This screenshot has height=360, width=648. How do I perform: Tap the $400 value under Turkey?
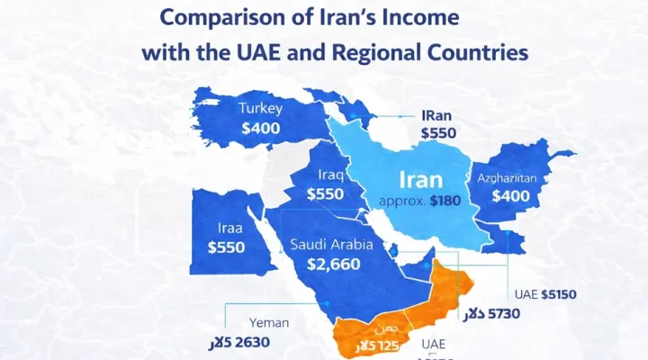(260, 129)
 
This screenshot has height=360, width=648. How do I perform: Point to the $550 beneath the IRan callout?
(438, 133)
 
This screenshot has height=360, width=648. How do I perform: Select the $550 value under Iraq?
(325, 193)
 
